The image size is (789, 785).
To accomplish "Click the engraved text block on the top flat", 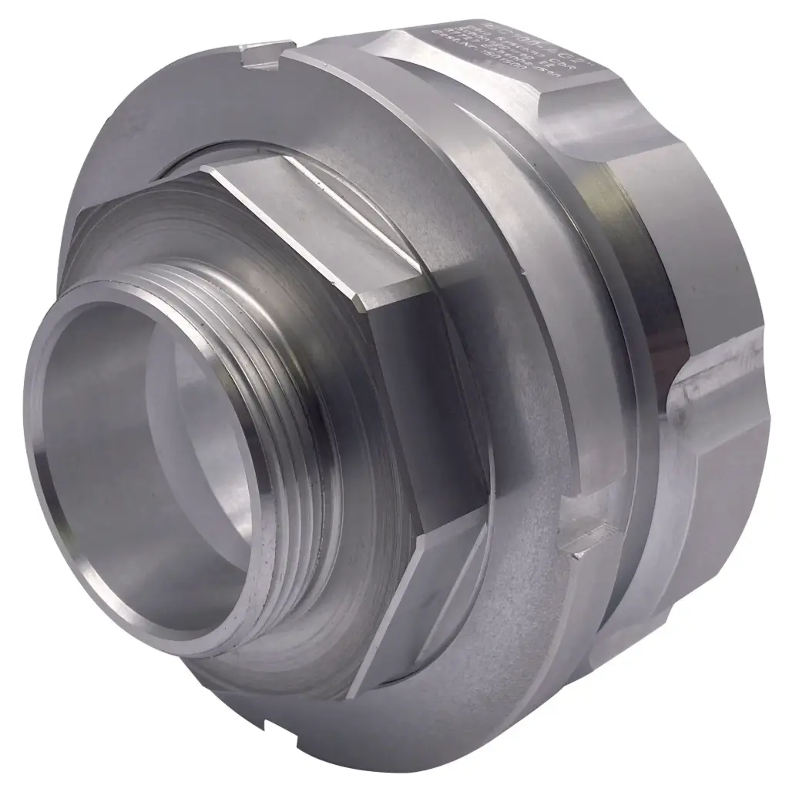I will point(501,50).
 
